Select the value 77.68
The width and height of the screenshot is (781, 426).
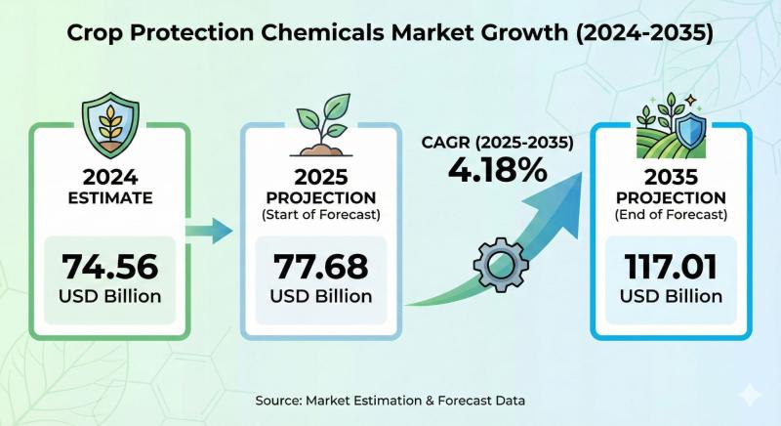320,267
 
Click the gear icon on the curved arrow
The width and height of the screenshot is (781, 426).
500,263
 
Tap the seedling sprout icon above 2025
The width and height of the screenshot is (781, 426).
319,125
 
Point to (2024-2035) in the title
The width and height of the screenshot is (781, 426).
624,33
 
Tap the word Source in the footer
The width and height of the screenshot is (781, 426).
275,400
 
